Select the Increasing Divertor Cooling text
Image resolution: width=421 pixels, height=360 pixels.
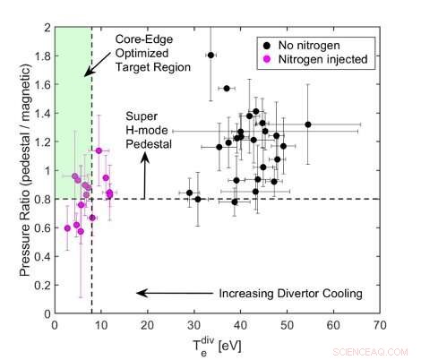pyautogui.click(x=291, y=293)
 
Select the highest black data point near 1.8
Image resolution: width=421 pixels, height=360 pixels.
pyautogui.click(x=210, y=55)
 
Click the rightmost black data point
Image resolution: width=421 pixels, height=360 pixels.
pyautogui.click(x=308, y=124)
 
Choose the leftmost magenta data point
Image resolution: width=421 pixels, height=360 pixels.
pyautogui.click(x=67, y=227)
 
